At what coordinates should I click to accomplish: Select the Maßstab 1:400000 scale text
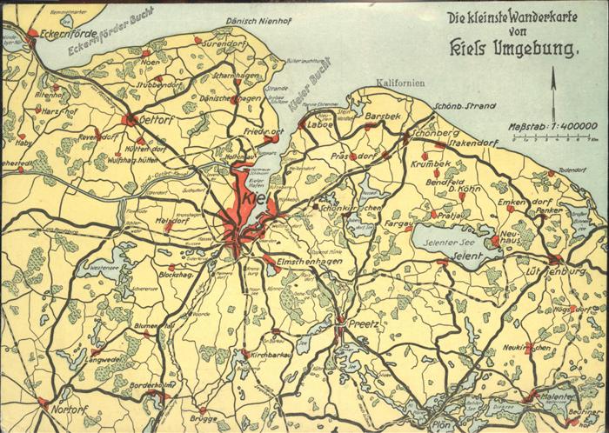pyautogui.click(x=552, y=127)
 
